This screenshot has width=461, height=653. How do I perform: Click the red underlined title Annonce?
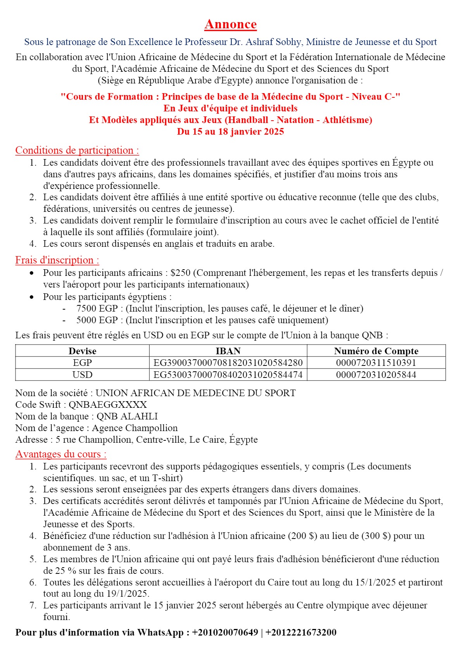[230, 24]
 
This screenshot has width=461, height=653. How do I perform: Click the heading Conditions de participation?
[77, 151]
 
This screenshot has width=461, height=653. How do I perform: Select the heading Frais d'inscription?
[57, 260]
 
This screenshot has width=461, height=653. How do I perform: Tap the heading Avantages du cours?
[61, 454]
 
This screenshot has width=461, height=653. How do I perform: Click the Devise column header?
[82, 351]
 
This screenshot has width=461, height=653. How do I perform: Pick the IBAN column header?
[228, 351]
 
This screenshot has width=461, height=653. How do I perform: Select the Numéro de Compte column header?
[376, 351]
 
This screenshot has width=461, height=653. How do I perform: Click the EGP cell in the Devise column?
[82, 363]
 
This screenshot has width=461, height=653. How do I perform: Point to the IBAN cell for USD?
[228, 375]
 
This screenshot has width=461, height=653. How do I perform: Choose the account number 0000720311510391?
[376, 363]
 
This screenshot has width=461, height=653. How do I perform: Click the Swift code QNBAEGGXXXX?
[108, 405]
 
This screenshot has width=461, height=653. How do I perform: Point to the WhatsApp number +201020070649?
[225, 632]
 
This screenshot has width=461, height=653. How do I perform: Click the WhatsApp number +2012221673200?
[301, 632]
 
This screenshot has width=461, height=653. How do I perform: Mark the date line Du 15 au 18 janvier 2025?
[230, 132]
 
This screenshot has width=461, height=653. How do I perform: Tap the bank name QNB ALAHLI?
[127, 416]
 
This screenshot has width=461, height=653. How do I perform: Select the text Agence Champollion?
[135, 428]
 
